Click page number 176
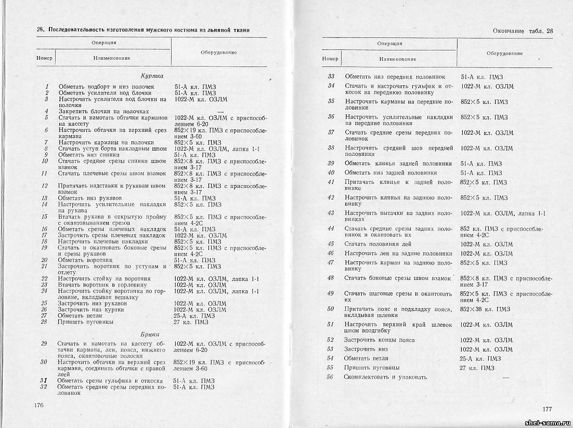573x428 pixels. tap(39, 405)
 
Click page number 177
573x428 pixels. tap(546, 409)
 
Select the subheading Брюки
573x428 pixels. tap(150, 334)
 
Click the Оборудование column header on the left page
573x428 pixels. tap(218, 52)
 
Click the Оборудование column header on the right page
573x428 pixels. tap(504, 53)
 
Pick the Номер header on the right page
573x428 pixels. tap(330, 59)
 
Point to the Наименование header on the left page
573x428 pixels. tap(112, 58)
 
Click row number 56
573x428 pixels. tap(330, 377)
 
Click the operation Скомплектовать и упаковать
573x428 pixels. tap(385, 377)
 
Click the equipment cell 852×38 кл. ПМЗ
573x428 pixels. tap(485, 310)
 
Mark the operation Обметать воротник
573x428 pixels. tap(85, 260)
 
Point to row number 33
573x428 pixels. tap(331, 76)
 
